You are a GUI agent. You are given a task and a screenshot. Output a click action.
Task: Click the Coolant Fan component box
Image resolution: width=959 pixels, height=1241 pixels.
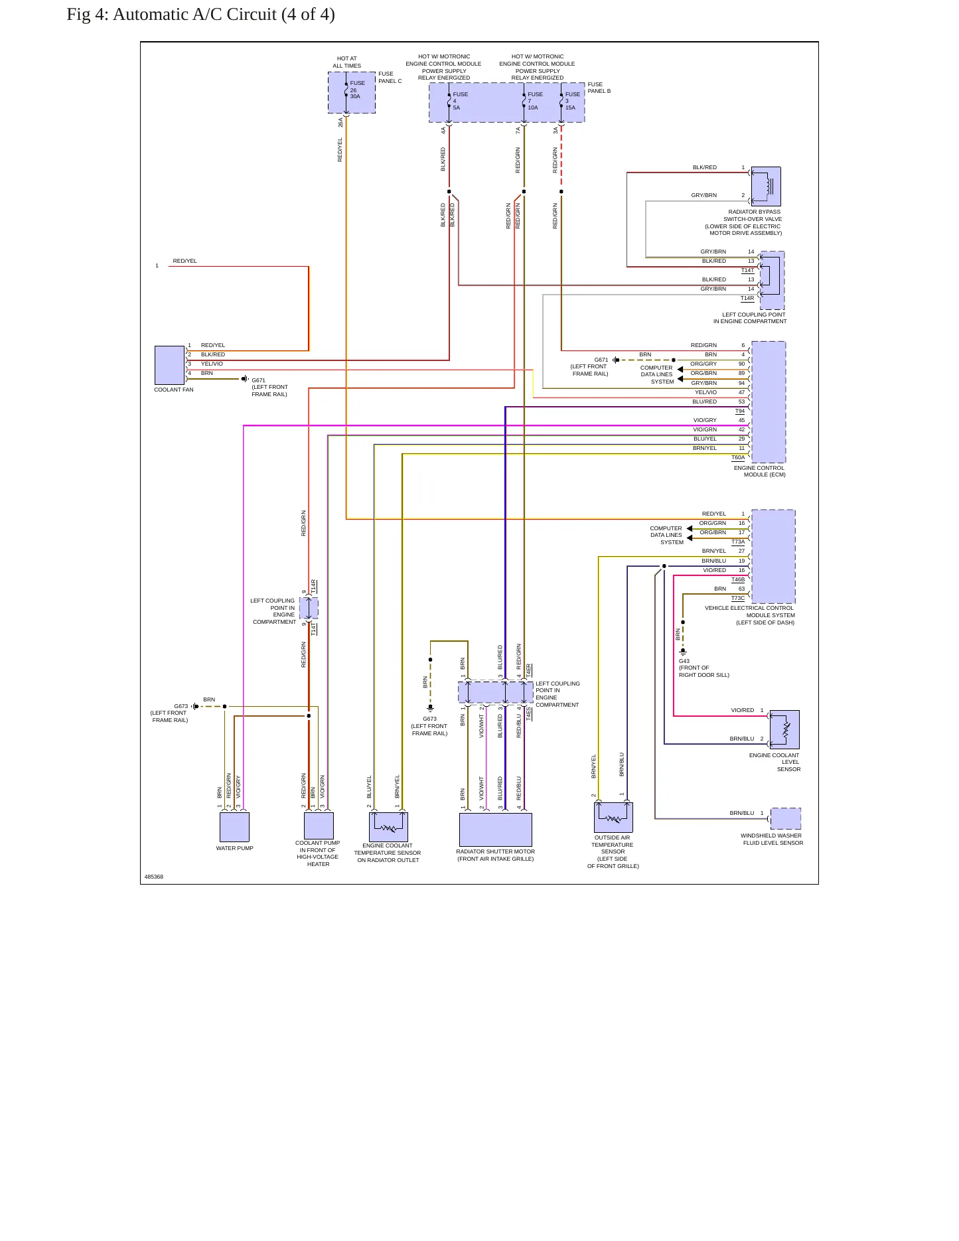169,365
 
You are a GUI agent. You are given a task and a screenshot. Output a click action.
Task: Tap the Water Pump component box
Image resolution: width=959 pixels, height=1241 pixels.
234,827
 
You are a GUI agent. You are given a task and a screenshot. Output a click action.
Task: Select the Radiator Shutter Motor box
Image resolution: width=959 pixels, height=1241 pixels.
496,830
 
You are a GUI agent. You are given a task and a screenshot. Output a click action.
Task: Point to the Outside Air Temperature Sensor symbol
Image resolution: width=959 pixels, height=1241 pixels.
613,817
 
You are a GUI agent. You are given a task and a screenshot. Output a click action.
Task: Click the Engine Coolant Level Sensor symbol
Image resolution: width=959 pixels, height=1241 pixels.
784,729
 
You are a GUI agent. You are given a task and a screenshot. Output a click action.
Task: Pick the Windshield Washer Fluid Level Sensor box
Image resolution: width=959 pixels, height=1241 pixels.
786,818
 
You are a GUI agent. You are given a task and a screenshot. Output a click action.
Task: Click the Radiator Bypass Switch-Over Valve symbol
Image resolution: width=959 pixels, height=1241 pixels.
766,186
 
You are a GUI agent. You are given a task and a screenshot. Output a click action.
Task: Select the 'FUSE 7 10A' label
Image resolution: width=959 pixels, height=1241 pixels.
535,101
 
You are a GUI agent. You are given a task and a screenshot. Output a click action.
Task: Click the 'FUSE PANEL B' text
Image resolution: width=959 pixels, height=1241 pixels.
599,88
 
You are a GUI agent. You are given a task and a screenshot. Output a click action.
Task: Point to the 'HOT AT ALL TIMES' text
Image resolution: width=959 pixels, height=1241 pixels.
347,62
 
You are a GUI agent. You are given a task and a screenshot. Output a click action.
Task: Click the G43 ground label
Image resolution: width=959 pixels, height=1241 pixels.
684,661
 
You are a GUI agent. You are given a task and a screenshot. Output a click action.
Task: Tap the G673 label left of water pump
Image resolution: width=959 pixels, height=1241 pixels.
181,706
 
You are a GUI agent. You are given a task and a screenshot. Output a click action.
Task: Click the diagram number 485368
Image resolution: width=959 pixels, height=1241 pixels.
154,877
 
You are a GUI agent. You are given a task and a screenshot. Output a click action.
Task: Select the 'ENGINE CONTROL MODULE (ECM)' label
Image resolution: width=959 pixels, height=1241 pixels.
759,471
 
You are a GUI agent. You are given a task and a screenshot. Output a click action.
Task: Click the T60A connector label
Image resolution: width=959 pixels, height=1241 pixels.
738,457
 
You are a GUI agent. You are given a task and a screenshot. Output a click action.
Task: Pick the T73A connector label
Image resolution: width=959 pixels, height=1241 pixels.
738,542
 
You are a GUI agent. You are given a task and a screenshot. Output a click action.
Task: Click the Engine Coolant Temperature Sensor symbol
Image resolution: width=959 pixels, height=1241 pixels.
388,827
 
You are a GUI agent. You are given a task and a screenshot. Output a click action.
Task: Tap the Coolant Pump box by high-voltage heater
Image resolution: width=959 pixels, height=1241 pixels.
319,826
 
